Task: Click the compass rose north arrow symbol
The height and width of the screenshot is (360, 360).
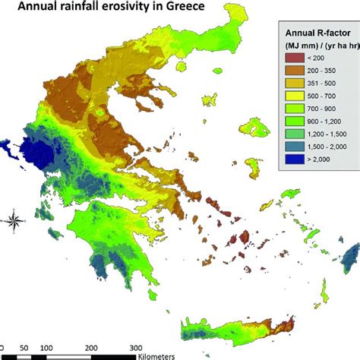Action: pos(14,223)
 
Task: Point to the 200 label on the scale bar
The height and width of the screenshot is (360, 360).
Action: pos(156,346)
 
